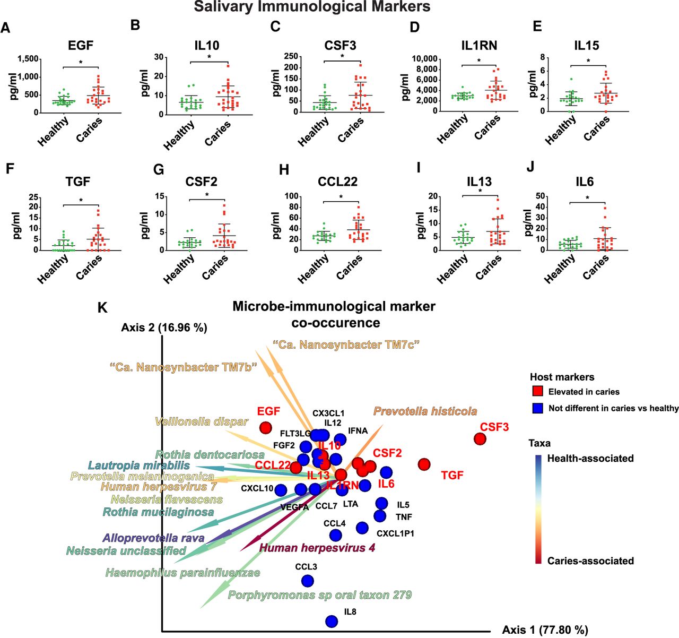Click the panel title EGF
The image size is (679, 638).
coord(81,46)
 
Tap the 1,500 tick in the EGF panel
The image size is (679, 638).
coord(28,59)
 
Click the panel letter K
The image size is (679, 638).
coord(103,308)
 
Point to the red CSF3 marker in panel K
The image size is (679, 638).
coord(480,439)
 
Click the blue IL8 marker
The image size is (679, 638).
coord(332,621)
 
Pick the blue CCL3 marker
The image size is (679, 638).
coord(307,581)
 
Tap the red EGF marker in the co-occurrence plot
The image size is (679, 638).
coord(265,427)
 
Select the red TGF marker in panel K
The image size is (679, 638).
coord(424,464)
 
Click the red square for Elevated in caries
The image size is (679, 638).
coord(537,392)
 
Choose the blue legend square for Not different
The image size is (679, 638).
coord(537,408)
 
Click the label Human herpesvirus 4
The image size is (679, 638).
coord(317,548)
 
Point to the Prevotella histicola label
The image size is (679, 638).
coord(425,411)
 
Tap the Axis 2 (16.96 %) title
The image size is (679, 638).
coord(164,327)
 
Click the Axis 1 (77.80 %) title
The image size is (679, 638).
coord(545,630)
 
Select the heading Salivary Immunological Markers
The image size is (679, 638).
coord(312,7)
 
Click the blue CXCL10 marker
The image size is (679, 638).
coord(281,490)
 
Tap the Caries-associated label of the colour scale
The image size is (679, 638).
coord(590,561)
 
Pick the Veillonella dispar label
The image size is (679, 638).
coord(202,422)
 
